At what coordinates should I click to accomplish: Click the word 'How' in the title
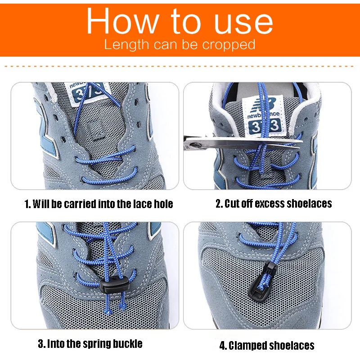pos(123,21)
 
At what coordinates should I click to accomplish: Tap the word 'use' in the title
pos(243,23)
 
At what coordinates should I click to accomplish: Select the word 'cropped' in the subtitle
pos(229,45)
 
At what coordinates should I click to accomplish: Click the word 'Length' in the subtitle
pos(126,45)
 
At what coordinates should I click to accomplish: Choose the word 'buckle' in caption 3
pos(129,343)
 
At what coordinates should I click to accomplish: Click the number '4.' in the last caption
pos(223,346)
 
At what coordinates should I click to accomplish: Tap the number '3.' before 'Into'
pos(41,344)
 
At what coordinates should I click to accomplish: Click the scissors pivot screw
pos(195,145)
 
